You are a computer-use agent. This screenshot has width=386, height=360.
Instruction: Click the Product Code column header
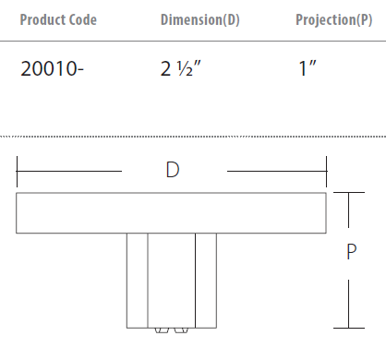click(58, 19)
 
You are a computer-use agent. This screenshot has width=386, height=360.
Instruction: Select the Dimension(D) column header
click(200, 20)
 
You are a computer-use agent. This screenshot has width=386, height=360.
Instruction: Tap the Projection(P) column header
click(334, 20)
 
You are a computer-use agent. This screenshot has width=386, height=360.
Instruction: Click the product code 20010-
click(52, 68)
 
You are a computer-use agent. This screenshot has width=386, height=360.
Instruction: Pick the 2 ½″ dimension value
click(181, 68)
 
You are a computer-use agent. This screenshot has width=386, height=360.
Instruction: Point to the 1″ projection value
click(308, 68)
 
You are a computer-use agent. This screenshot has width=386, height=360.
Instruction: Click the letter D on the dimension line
click(173, 170)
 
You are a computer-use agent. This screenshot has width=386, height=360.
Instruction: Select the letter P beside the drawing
click(352, 251)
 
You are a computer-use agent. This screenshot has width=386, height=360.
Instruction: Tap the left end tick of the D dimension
click(17, 171)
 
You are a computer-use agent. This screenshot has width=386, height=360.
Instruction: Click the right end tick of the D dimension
click(326, 171)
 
